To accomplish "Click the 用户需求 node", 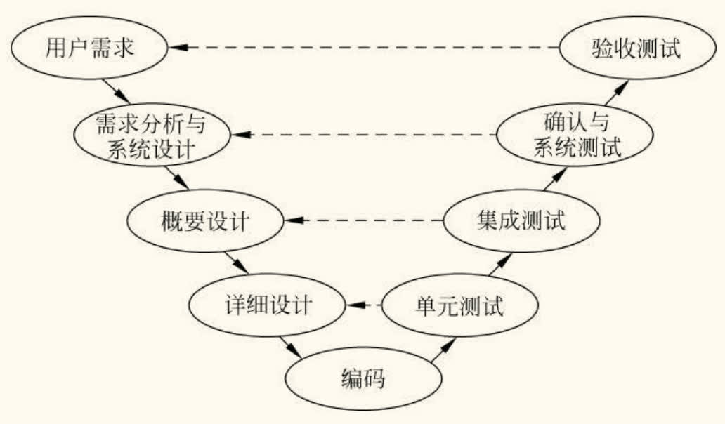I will tap(89, 48).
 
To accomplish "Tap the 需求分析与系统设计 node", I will tap(153, 136).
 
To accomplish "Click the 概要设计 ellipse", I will tap(204, 221).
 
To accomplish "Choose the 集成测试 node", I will tap(521, 221).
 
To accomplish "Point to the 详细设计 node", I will tap(266, 306).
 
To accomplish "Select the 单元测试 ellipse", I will tap(459, 306).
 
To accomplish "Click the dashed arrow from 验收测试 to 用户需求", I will tap(365, 47).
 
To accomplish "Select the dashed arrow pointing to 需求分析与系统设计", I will tap(364, 134).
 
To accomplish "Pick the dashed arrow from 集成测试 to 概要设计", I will tap(364, 220).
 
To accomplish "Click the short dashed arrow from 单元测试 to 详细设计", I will tap(362, 305).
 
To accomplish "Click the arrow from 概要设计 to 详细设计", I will tap(237, 264).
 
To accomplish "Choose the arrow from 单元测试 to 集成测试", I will tap(499, 264).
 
